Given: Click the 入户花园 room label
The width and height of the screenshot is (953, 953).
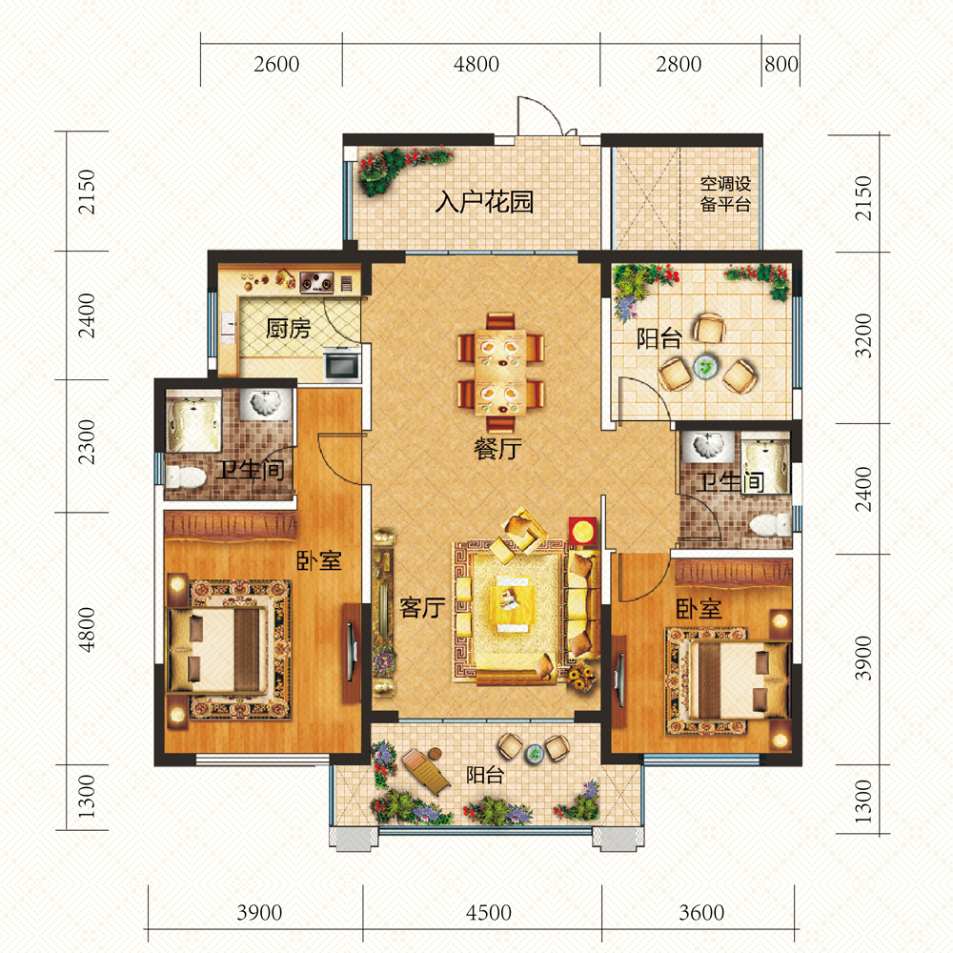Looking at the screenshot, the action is [484, 202].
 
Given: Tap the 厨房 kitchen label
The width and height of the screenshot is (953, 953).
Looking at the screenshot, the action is [288, 329].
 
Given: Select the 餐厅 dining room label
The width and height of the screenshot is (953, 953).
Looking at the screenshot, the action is [497, 449].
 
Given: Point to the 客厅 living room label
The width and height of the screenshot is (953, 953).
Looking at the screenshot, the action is [422, 607].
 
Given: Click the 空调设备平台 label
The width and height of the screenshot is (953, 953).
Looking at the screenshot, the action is [725, 193].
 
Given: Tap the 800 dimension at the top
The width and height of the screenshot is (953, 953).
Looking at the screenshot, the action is [781, 64].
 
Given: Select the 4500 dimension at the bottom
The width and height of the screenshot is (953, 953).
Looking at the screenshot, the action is [489, 912].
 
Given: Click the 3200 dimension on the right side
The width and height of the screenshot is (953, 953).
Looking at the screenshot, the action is [863, 335].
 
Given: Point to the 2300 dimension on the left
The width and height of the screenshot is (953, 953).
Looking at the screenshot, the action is [87, 442].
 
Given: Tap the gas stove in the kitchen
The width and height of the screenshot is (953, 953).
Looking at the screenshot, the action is [316, 281].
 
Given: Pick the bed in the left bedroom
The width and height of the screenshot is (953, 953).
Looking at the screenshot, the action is [217, 649].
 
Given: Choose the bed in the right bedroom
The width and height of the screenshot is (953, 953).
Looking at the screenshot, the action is [740, 680].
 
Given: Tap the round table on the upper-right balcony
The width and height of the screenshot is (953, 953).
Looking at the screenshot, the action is [705, 367].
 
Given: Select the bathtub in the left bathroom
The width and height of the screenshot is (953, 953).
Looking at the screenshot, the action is [193, 421].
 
